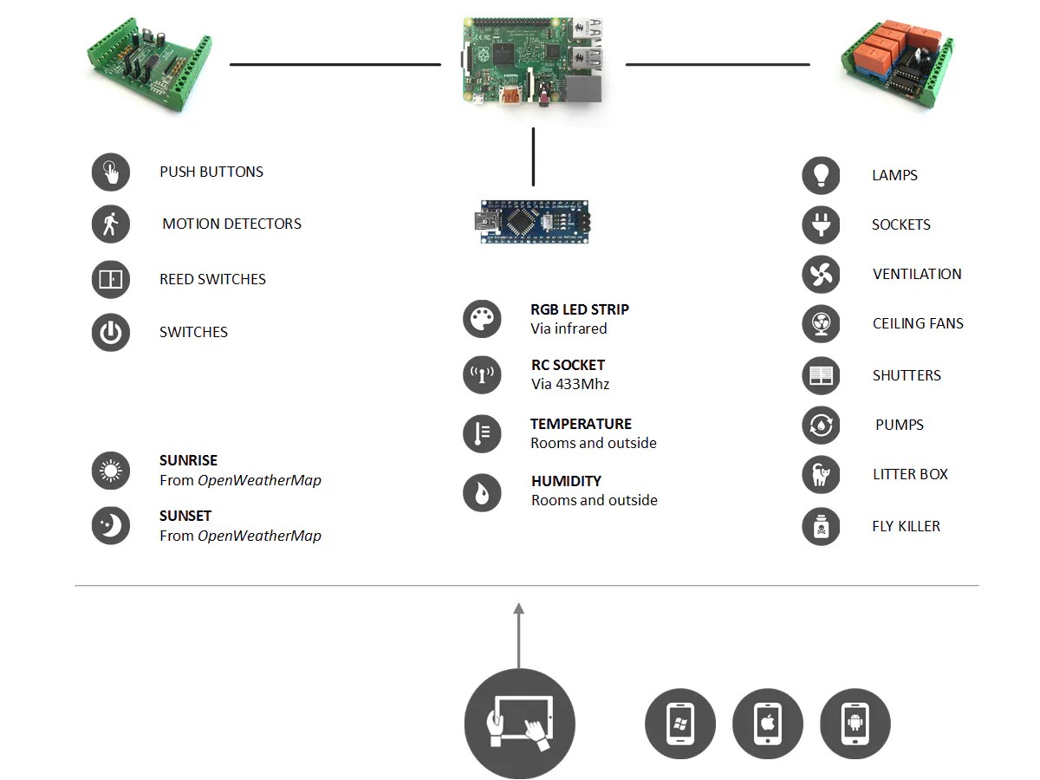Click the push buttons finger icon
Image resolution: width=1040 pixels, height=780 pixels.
pos(111,172)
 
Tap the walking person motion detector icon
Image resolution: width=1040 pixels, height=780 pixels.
pos(111,224)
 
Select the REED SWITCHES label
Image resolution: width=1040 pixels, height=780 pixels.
pos(212,279)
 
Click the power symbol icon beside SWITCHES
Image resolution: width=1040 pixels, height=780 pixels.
pos(111,333)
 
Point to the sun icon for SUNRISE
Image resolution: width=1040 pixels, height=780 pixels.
pos(111,471)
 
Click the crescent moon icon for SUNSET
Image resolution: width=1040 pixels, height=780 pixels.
pos(111,526)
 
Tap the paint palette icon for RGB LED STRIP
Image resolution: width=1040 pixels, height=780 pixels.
pos(482,319)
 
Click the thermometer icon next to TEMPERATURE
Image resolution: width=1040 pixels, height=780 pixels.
pos(482,433)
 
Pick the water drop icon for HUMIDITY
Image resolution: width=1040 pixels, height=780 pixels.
pos(482,492)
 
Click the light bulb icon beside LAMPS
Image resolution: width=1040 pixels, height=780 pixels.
pos(821,175)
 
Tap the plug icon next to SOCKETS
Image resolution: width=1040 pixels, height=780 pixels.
pos(821,225)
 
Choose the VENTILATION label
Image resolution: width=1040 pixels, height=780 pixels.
pos(917,274)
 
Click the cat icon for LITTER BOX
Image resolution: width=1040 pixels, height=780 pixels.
pos(821,475)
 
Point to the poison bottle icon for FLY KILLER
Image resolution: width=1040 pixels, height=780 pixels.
pos(821,527)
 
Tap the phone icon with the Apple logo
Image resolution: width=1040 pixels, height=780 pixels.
pos(768,725)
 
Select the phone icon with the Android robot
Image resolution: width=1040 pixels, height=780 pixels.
pos(855,725)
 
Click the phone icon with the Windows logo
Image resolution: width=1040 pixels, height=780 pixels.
pos(680,725)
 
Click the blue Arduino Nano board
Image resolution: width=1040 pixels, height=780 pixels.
pos(533,222)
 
